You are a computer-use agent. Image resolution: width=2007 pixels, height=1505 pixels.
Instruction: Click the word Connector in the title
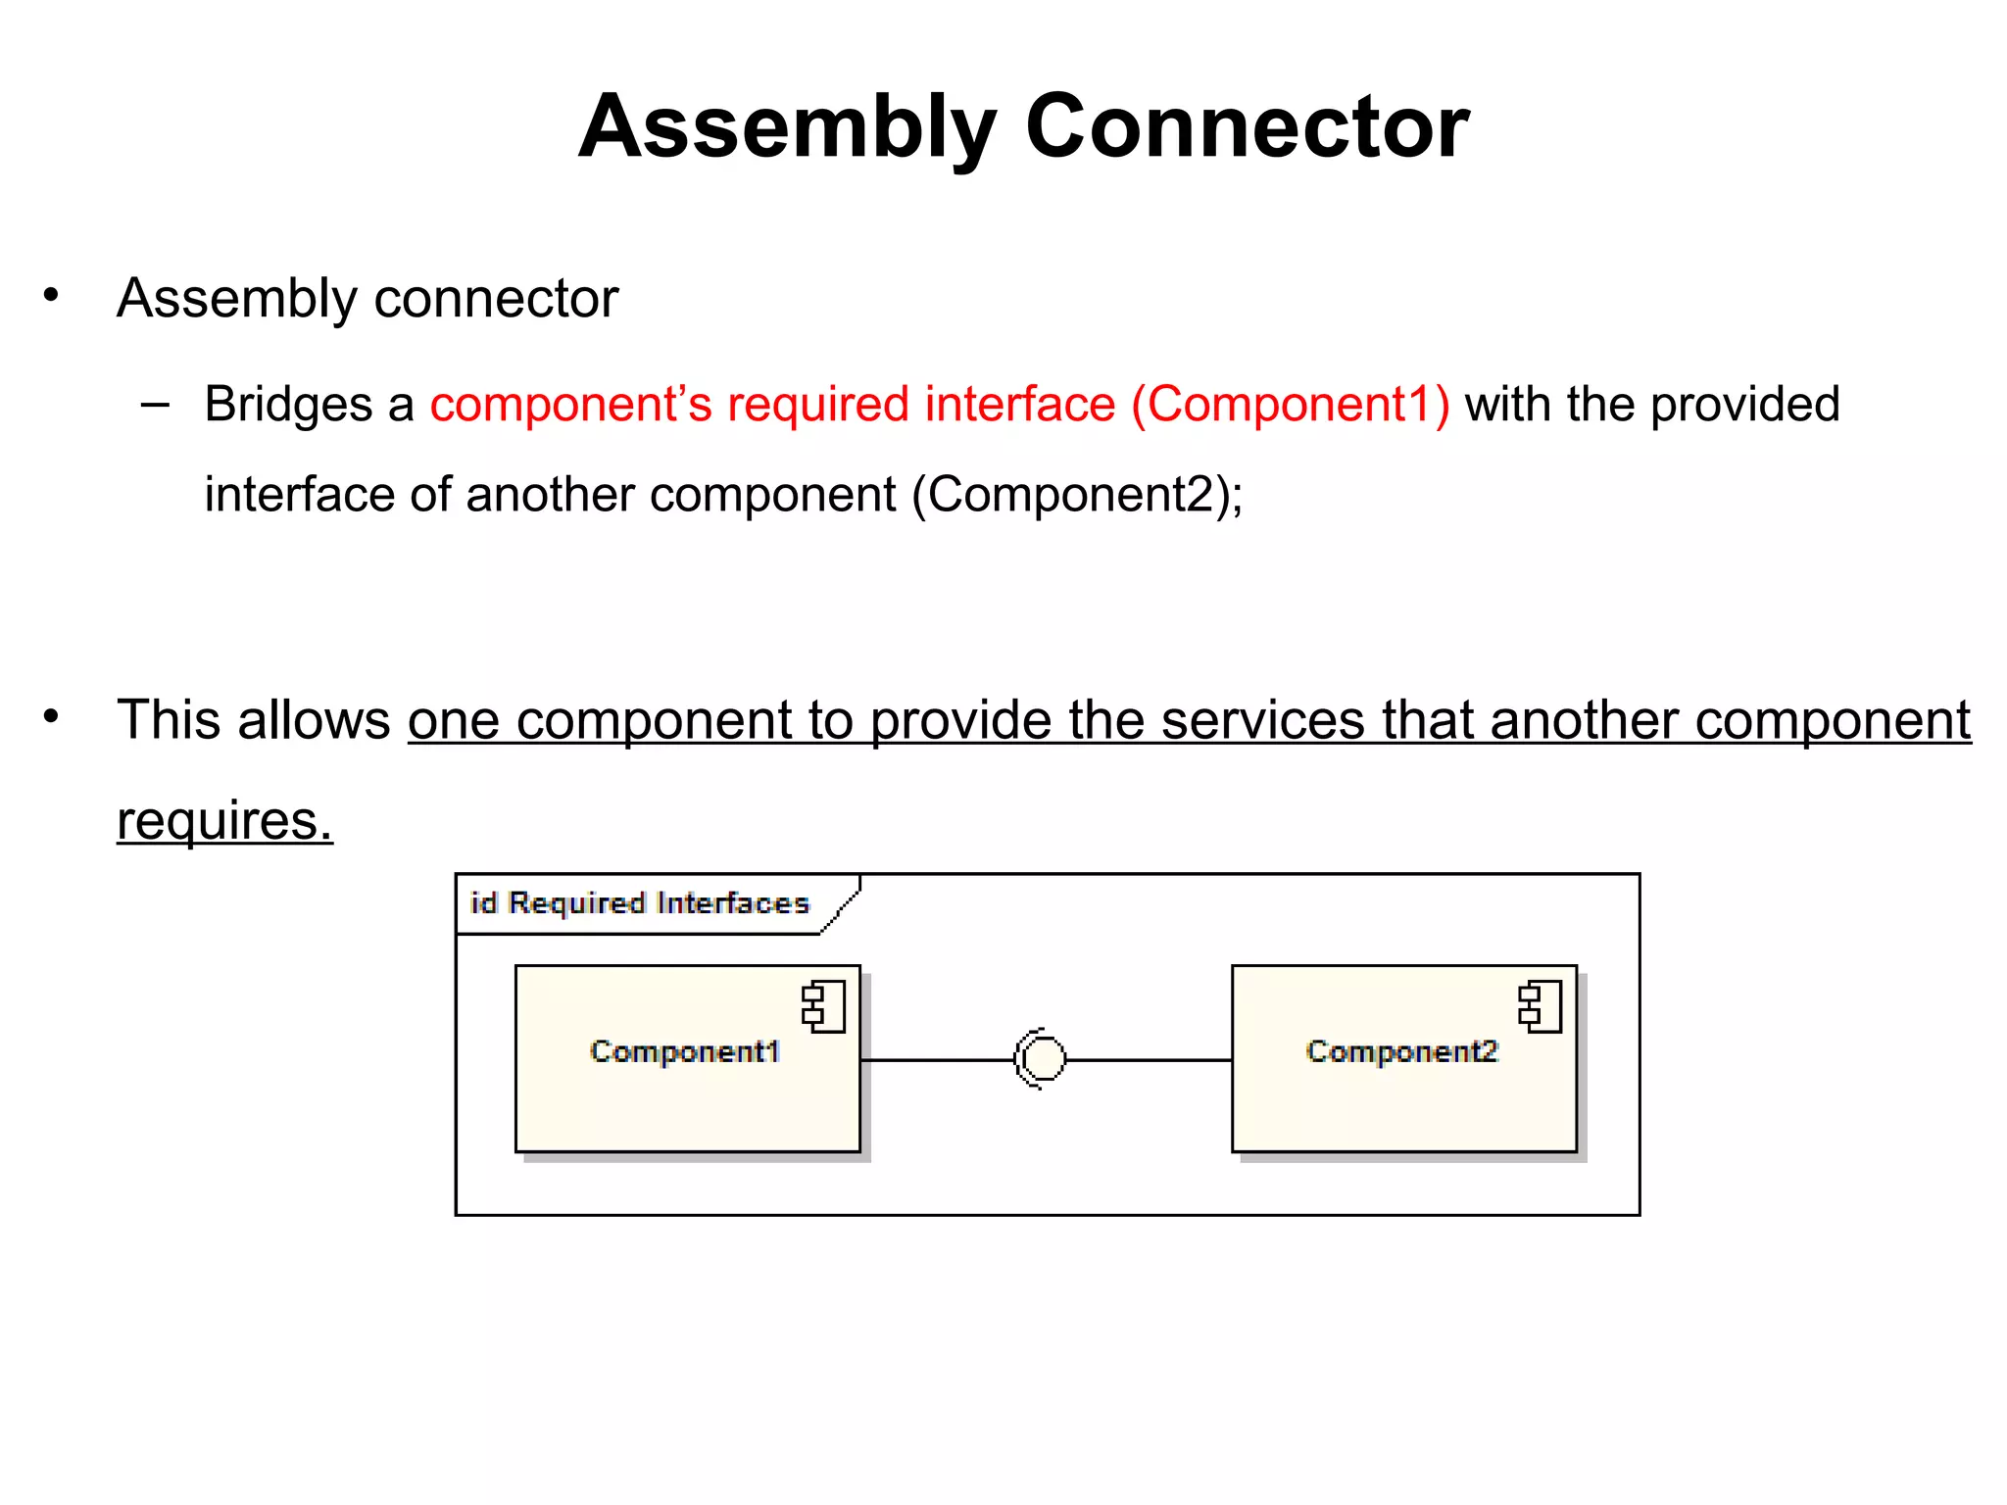pos(1247,127)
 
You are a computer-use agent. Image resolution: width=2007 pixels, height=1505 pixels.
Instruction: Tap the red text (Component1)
pos(1290,404)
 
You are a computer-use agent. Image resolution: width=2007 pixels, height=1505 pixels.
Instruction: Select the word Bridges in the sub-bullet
pos(288,404)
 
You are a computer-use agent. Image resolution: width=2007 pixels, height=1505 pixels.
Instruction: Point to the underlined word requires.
pos(224,820)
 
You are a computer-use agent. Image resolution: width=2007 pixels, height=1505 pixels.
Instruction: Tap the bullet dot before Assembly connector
pos(51,294)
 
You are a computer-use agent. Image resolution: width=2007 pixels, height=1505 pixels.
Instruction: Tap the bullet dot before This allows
pos(51,716)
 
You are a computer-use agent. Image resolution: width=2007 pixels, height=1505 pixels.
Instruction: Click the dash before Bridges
pos(155,404)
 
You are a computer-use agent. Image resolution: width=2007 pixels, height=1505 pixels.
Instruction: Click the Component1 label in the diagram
pos(685,1051)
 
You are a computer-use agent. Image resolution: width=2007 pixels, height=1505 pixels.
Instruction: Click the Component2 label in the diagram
pos(1401,1051)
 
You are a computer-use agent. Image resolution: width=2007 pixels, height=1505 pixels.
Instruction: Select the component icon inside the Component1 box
pos(823,1007)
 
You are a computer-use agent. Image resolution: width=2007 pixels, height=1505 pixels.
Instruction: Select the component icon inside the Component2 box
pos(1540,1007)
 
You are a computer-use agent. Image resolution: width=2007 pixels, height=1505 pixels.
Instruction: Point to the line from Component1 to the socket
pos(936,1060)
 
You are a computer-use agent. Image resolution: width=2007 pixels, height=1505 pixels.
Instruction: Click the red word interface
pos(1019,404)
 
